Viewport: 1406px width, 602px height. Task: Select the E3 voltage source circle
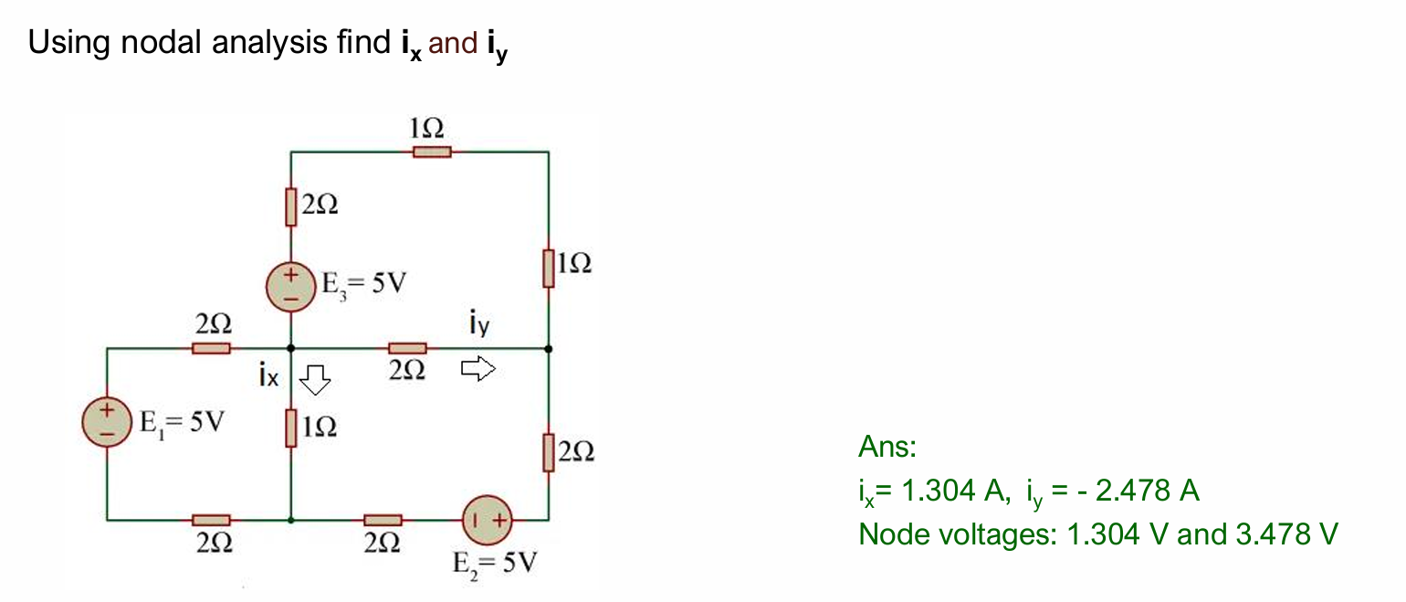click(290, 286)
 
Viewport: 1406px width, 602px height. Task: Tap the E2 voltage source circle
click(488, 520)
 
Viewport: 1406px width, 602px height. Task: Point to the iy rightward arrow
click(477, 368)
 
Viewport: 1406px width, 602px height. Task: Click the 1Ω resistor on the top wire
click(431, 152)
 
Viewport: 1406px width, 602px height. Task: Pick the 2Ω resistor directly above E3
click(290, 206)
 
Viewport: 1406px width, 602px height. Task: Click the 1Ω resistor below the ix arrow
click(290, 428)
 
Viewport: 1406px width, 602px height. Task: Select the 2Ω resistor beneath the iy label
click(407, 348)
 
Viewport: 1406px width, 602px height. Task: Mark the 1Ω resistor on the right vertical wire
click(548, 268)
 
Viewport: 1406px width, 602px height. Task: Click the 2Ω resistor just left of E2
click(383, 520)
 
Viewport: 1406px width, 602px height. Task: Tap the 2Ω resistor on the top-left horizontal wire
click(211, 348)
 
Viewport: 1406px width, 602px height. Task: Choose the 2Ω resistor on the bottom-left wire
click(211, 520)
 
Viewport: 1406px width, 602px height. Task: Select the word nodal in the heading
click(169, 42)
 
